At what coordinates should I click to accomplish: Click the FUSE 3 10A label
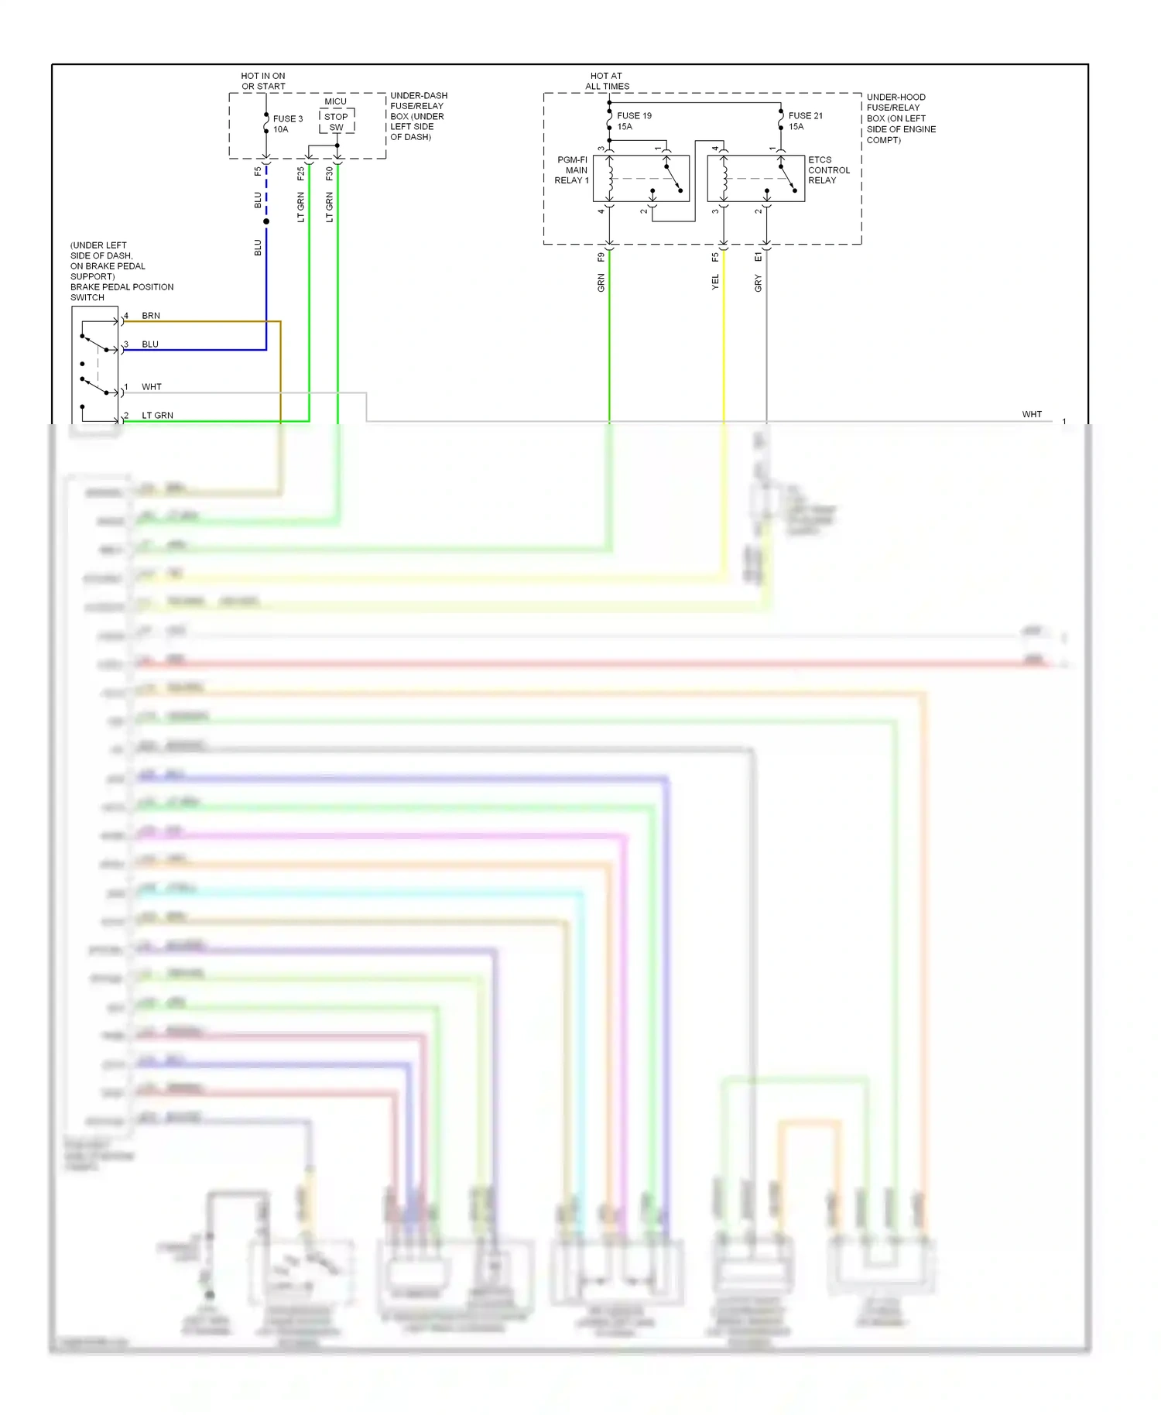pyautogui.click(x=287, y=124)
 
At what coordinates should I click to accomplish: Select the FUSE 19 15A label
pyautogui.click(x=633, y=121)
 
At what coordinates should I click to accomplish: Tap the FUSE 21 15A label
pyautogui.click(x=805, y=121)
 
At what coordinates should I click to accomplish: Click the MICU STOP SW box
pyautogui.click(x=337, y=122)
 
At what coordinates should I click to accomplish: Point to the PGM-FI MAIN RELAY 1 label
pyautogui.click(x=572, y=170)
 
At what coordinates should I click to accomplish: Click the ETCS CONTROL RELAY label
pyautogui.click(x=828, y=170)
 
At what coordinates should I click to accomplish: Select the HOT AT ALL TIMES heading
pyautogui.click(x=607, y=81)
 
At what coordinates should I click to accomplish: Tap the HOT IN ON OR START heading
pyautogui.click(x=263, y=81)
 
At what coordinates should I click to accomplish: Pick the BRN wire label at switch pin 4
pyautogui.click(x=151, y=316)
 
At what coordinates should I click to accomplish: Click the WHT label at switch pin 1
pyautogui.click(x=152, y=387)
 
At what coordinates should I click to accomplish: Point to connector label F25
pyautogui.click(x=301, y=174)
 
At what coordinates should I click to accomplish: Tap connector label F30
pyautogui.click(x=330, y=174)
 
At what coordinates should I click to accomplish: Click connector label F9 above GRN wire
pyautogui.click(x=601, y=258)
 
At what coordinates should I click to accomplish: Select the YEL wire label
pyautogui.click(x=715, y=283)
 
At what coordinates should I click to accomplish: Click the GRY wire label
pyautogui.click(x=759, y=283)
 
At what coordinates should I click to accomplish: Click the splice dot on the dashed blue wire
pyautogui.click(x=266, y=221)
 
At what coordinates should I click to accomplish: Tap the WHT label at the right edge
pyautogui.click(x=1032, y=414)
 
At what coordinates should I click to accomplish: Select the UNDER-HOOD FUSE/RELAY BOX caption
pyautogui.click(x=900, y=118)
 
